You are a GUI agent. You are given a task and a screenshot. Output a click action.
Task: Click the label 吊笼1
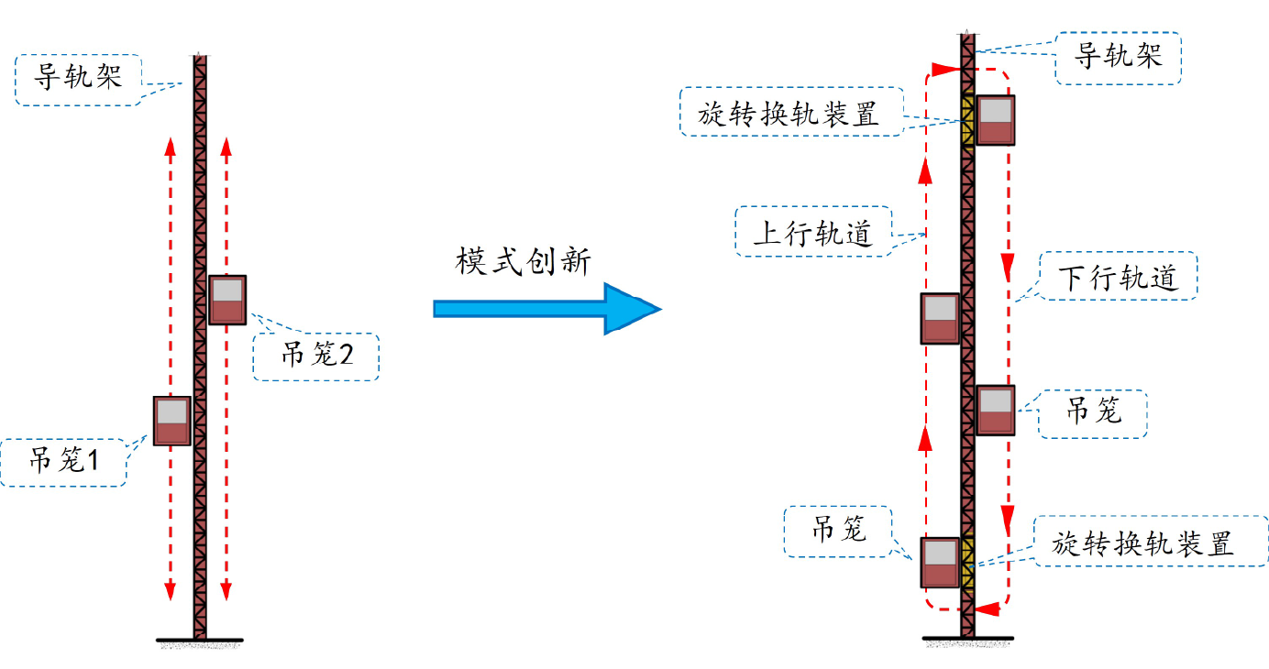tap(63, 460)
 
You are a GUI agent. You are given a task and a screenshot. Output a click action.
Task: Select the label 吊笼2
tap(316, 355)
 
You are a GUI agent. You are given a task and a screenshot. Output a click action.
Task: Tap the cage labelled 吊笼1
tap(171, 421)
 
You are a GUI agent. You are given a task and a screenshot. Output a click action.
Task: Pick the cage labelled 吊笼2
tap(226, 300)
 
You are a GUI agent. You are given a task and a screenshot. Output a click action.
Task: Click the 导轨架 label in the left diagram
tap(78, 77)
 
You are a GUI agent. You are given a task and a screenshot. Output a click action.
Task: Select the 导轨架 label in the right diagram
tap(1118, 57)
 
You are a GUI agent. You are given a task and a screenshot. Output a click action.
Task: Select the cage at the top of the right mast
tap(996, 120)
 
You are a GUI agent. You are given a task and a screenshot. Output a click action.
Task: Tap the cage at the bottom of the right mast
tap(940, 562)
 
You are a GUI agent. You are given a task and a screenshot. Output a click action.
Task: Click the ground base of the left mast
tap(200, 641)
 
